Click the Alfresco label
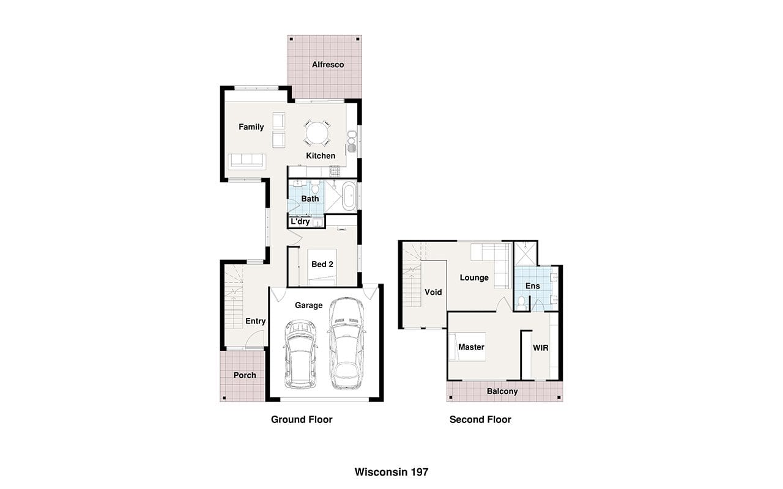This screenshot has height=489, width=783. tap(328, 65)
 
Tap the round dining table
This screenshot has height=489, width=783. tap(317, 133)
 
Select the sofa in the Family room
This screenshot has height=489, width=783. tap(247, 161)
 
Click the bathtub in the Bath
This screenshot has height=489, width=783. tap(349, 196)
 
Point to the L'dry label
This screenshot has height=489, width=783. tap(300, 221)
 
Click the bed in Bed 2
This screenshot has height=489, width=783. tap(322, 267)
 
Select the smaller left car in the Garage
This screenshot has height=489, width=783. tap(300, 354)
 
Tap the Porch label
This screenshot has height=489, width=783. tap(245, 375)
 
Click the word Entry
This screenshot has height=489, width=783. tap(256, 321)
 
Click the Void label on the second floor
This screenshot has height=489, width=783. tap(433, 292)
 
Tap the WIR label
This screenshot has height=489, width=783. tap(540, 348)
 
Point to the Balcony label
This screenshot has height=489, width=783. tap(502, 391)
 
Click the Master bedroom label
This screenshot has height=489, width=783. tap(471, 347)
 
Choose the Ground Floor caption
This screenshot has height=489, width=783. tap(302, 419)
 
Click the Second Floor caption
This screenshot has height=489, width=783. tap(480, 419)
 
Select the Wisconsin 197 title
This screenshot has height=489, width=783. tap(391, 472)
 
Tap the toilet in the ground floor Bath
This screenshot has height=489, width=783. tap(315, 187)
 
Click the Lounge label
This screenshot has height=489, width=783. tap(474, 278)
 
